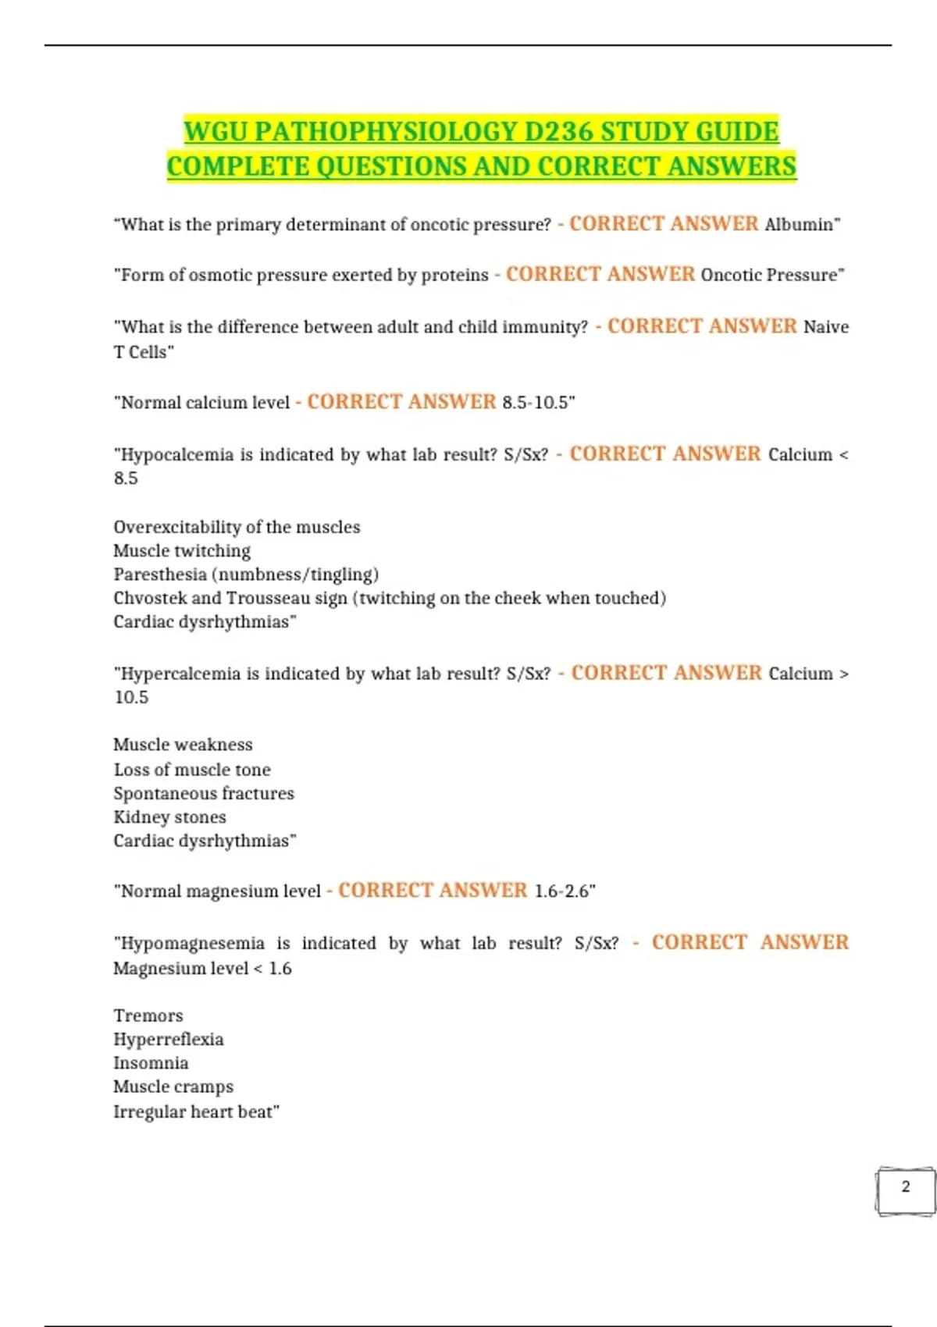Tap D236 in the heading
pos(559,131)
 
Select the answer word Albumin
pos(799,225)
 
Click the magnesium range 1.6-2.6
pos(562,891)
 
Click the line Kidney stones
pos(169,817)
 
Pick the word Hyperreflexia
pos(169,1040)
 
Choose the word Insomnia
pos(151,1063)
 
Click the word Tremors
pos(148,1016)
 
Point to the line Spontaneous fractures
pos(204,794)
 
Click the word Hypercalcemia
pos(180,674)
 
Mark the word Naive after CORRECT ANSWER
pos(826,327)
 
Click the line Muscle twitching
pos(182,551)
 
